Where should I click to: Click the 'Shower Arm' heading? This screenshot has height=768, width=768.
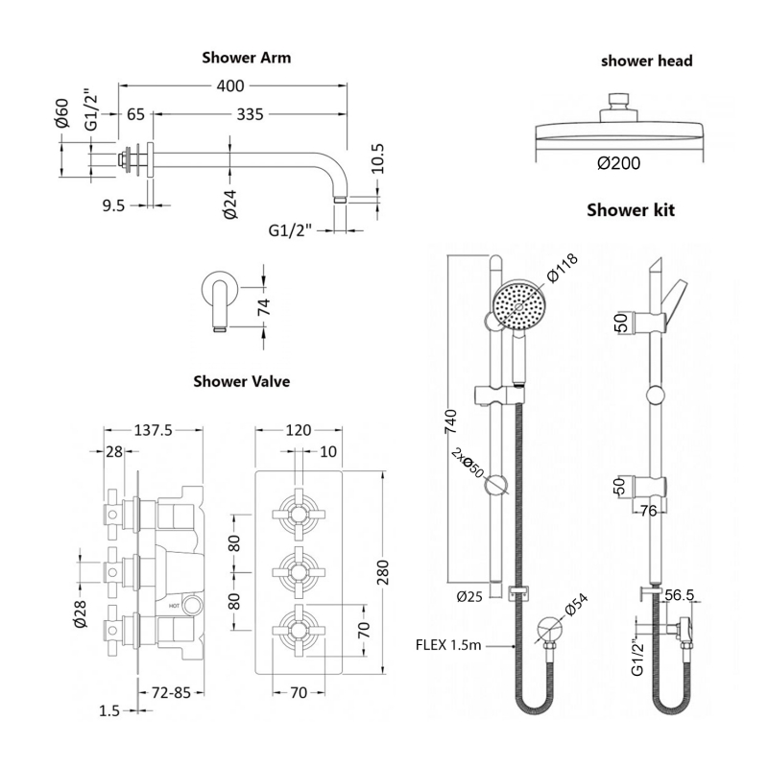coord(246,58)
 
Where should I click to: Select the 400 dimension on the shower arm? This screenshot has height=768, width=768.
coord(229,86)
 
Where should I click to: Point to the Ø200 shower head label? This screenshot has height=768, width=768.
coord(619,163)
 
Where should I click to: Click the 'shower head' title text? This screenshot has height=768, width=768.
coord(647,61)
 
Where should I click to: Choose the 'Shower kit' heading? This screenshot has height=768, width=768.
coord(631,210)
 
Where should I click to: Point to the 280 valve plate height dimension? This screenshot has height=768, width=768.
coord(384,573)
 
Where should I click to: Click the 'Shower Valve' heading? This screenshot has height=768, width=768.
coord(241,381)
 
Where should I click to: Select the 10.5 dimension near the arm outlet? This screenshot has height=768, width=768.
coord(377,156)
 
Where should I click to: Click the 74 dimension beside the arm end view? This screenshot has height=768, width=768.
coord(264,307)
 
